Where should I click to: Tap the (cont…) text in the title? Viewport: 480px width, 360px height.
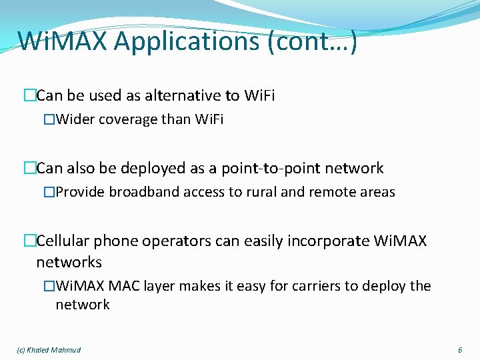click(323, 41)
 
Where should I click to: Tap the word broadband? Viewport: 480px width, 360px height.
click(139, 192)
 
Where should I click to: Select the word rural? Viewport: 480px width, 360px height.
click(258, 192)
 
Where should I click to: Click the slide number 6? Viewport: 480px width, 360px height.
click(460, 350)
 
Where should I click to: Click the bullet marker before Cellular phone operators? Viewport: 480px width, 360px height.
click(29, 241)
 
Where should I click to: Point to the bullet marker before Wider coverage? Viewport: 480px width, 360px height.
click(48, 120)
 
